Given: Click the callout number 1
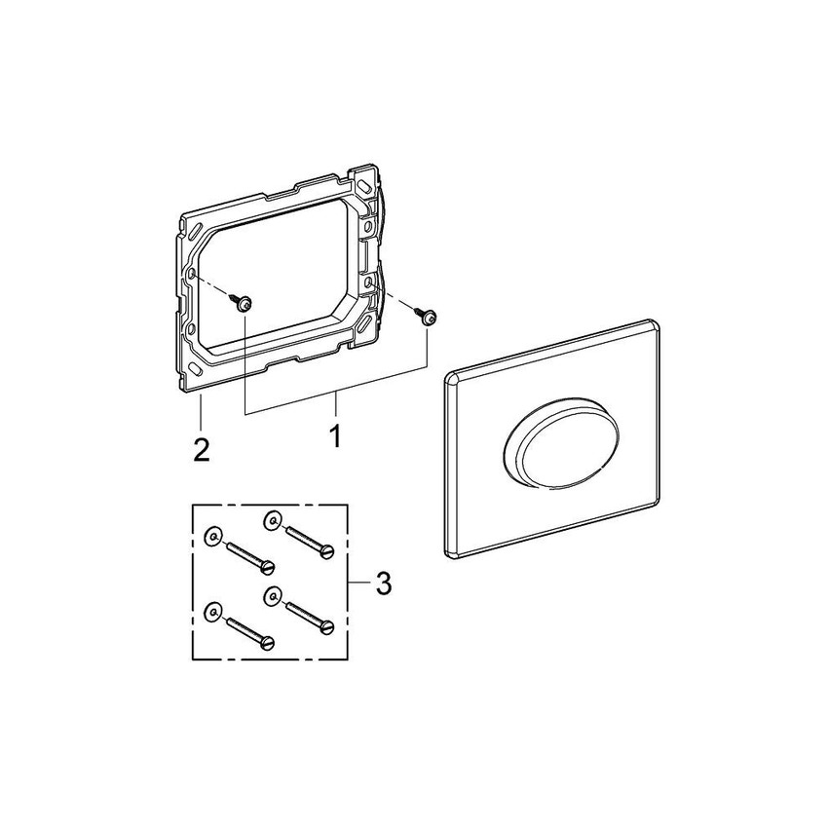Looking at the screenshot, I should [x=334, y=435].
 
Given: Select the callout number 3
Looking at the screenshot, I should [x=383, y=584].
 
